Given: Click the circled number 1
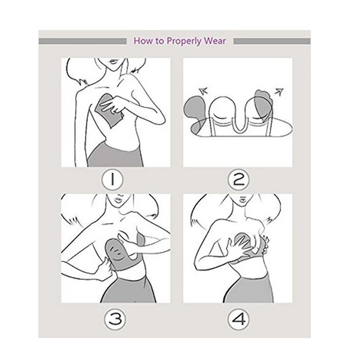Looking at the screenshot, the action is (x=112, y=179).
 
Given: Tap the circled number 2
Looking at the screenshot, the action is (x=238, y=179).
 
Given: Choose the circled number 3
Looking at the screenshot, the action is (x=115, y=319).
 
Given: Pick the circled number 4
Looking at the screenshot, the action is (x=238, y=319).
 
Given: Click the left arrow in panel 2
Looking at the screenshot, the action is (x=203, y=91).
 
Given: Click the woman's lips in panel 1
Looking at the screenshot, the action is (x=114, y=62).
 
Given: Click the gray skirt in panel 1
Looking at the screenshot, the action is (x=116, y=156).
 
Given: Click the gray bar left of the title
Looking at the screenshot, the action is (x=83, y=41).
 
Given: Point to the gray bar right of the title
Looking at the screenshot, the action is (x=272, y=41).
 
